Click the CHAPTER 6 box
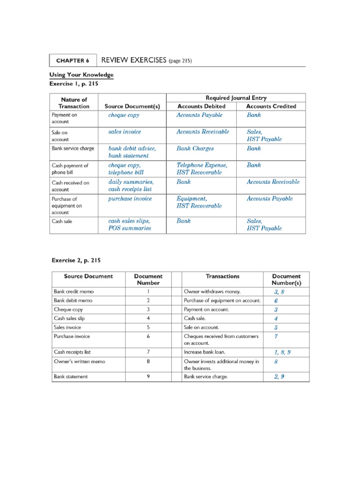[73, 60]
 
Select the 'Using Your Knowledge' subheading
[81, 75]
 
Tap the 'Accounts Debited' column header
[201, 106]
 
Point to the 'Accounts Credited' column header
[271, 106]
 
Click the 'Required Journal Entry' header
[236, 98]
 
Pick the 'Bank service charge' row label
[73, 149]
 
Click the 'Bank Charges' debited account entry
[195, 149]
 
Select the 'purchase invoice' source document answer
[130, 199]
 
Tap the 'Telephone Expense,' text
[202, 165]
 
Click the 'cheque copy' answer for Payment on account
[124, 115]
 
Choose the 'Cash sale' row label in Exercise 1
[62, 221]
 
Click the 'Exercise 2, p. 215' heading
[75, 260]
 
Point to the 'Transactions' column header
[222, 277]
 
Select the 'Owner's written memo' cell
[79, 361]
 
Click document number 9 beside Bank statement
[148, 376]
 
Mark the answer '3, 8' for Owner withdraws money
[279, 292]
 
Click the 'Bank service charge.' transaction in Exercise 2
[206, 376]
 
